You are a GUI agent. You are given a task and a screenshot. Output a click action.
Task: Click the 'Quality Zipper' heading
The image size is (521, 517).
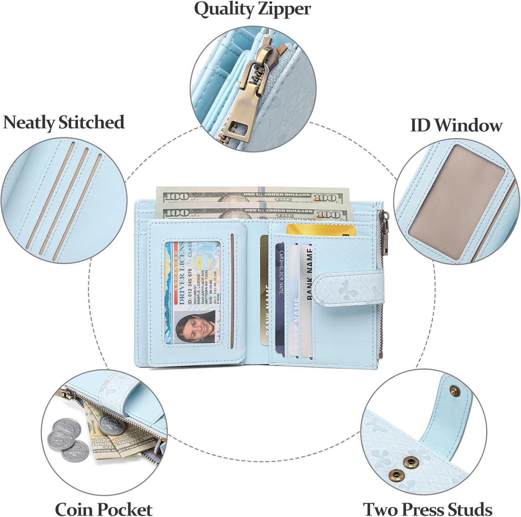click(x=252, y=9)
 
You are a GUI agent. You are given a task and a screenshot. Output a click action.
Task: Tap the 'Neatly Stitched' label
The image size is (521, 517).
click(x=64, y=122)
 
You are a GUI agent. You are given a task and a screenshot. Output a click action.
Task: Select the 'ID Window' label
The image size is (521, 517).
click(x=456, y=125)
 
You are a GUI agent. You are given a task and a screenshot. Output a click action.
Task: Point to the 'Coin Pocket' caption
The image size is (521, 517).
click(x=104, y=509)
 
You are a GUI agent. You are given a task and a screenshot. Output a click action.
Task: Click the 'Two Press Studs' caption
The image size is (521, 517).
click(x=427, y=509)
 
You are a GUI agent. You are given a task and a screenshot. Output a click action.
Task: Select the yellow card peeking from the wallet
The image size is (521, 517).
click(x=321, y=230)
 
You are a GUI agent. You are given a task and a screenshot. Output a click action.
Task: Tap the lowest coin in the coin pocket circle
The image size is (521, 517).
click(x=75, y=450)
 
